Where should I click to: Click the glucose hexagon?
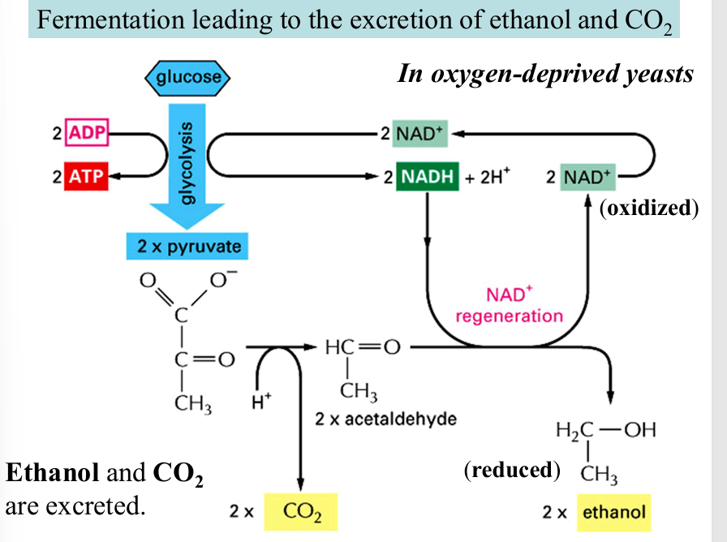point(188,79)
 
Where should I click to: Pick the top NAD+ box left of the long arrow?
point(421,133)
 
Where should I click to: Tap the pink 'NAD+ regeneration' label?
point(509,305)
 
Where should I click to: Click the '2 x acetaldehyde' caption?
point(385,419)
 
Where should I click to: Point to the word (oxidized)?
point(648,209)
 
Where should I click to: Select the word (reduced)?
point(512,470)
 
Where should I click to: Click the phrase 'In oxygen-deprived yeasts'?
point(545,75)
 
